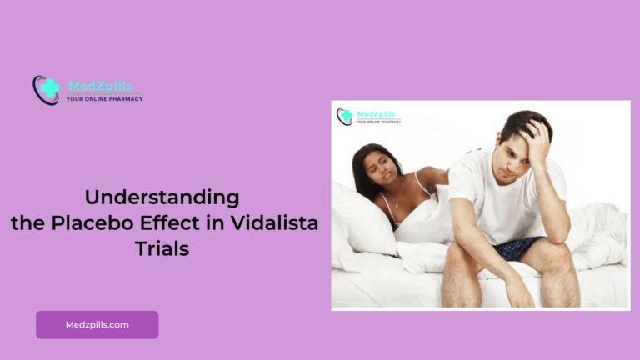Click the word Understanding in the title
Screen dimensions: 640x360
tap(162, 197)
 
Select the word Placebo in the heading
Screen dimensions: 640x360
tap(92, 222)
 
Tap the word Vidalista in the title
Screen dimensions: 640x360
tap(274, 222)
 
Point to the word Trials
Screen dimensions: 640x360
tap(162, 248)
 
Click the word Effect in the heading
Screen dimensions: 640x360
tap(170, 222)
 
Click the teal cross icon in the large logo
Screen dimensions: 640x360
tap(50, 88)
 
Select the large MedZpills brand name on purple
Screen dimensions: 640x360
tap(100, 86)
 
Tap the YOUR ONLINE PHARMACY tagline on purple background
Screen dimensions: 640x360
tap(104, 99)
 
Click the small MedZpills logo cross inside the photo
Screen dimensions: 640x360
tap(346, 116)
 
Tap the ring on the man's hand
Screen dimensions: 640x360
tap(536, 135)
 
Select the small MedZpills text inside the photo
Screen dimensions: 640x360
tap(376, 115)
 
